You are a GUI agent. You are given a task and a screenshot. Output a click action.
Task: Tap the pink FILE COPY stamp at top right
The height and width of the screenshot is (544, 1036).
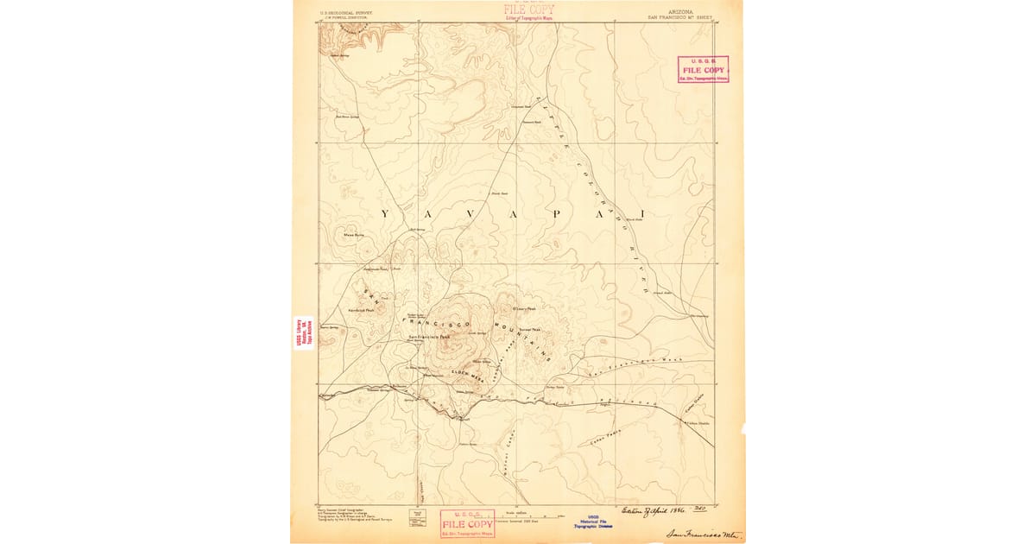click(x=702, y=69)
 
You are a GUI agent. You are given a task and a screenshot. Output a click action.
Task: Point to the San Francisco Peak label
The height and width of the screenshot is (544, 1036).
click(x=429, y=336)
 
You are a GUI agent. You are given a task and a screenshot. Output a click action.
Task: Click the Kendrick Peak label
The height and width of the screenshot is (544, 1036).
click(x=361, y=310)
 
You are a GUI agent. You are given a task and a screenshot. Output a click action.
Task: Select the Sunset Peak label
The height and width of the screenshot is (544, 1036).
click(x=530, y=329)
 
